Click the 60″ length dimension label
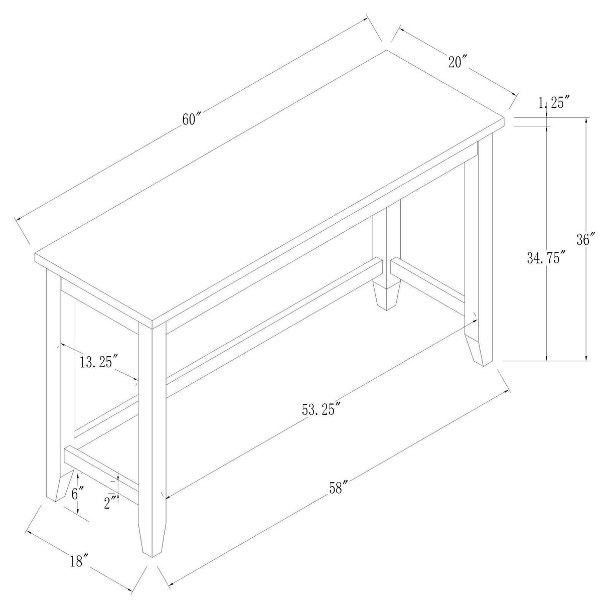coord(191,120)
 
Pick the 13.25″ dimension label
coord(98,361)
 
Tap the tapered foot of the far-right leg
coord(479,349)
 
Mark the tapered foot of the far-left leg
coord(57,485)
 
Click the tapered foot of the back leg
coord(387,295)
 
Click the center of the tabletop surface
coord(271,186)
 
